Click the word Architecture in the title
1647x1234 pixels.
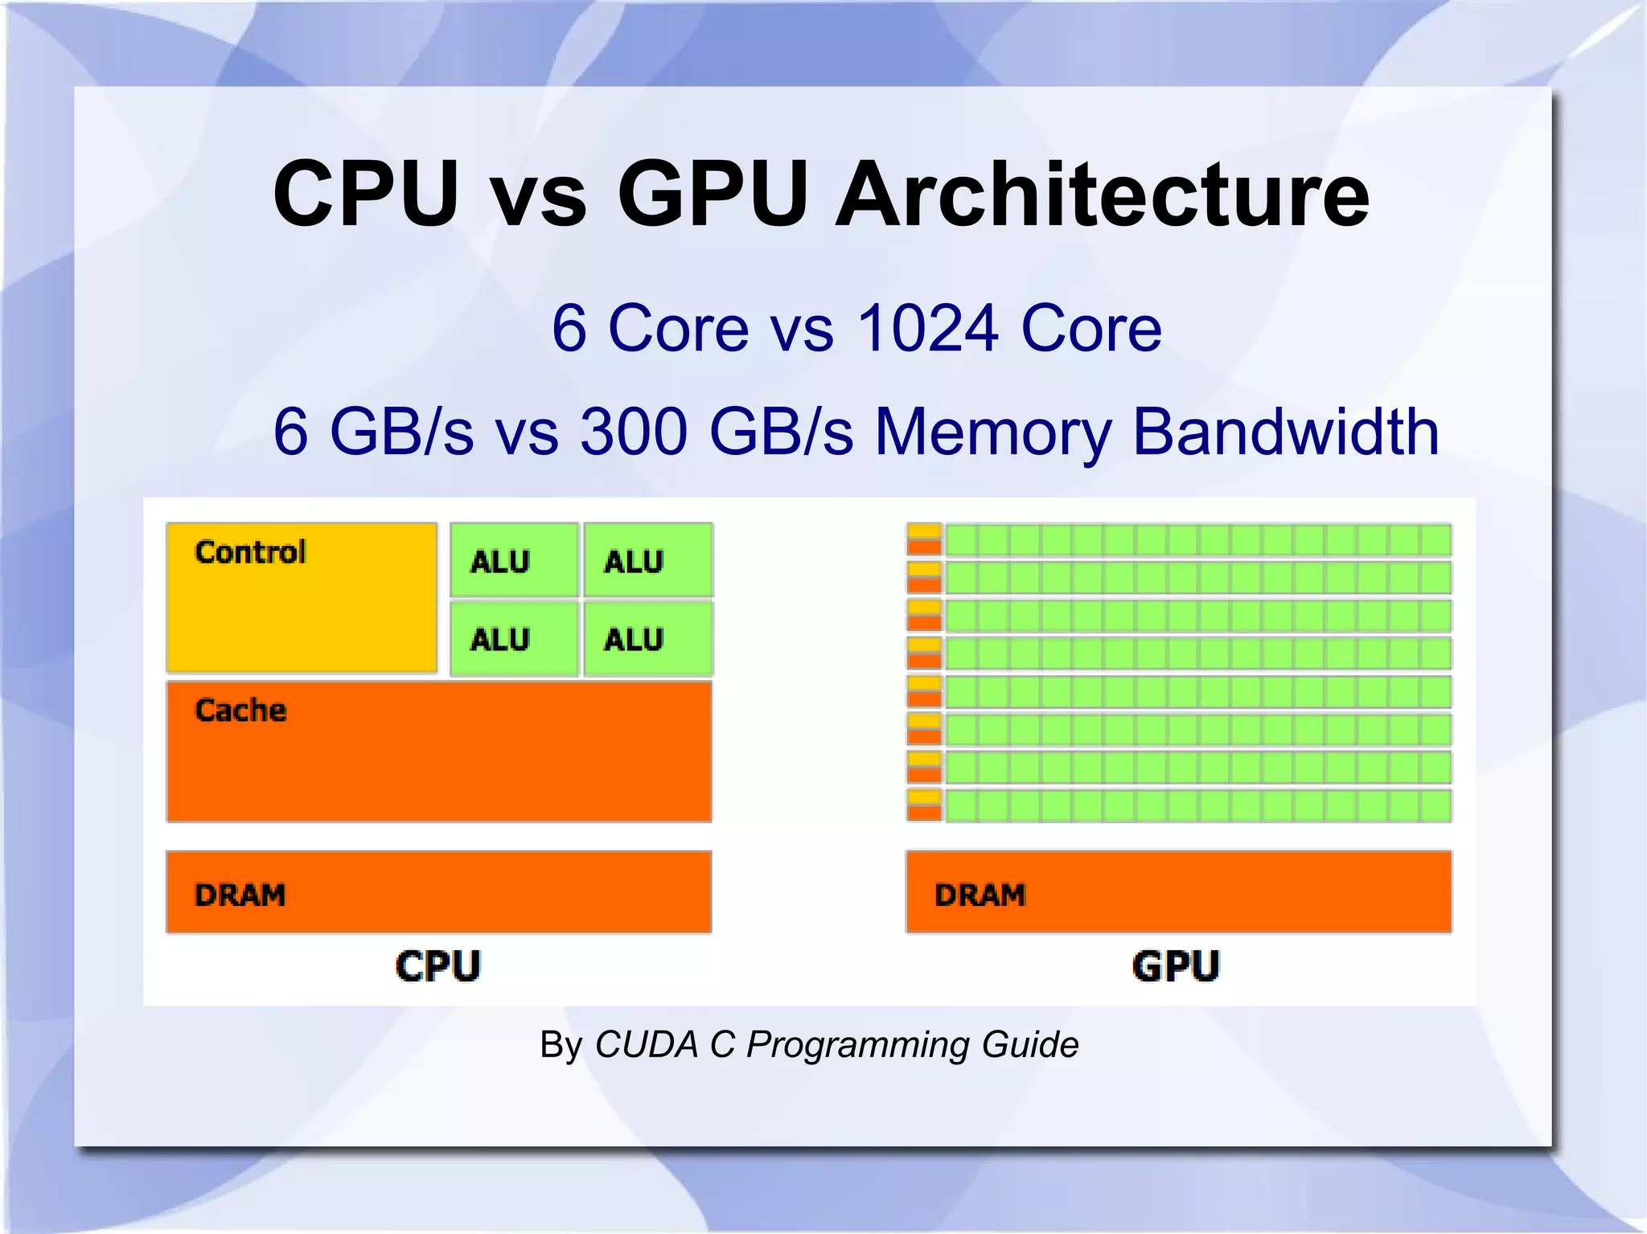[x=1102, y=195]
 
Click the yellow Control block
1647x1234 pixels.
[x=302, y=597]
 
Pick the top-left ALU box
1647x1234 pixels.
[x=514, y=560]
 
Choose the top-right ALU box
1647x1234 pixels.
[x=647, y=560]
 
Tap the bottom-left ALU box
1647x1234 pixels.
[x=514, y=638]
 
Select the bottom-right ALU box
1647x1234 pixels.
[x=647, y=638]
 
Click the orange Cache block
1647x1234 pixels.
[x=438, y=751]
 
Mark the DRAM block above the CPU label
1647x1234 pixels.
[x=438, y=892]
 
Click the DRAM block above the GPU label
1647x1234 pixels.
[x=1178, y=892]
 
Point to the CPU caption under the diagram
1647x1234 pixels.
[x=437, y=965]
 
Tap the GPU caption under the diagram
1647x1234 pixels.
[x=1176, y=965]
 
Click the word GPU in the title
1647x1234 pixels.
[x=713, y=195]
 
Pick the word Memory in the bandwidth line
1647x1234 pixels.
[x=993, y=432]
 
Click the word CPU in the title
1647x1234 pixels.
[x=366, y=195]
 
